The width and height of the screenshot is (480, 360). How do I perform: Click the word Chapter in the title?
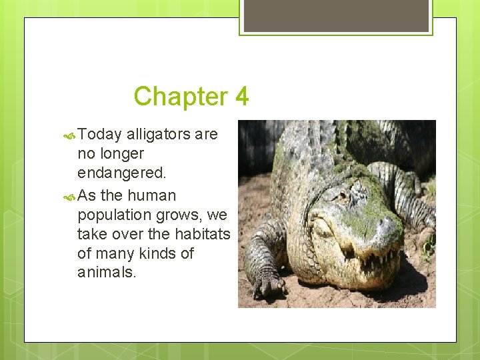click(x=181, y=97)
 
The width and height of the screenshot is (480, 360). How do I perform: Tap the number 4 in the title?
click(x=241, y=97)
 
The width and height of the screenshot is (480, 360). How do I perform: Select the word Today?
click(x=99, y=135)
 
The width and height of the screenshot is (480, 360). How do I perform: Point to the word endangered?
click(x=121, y=173)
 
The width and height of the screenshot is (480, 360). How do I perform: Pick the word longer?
click(x=120, y=154)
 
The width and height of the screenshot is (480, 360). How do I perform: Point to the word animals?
click(x=106, y=272)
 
